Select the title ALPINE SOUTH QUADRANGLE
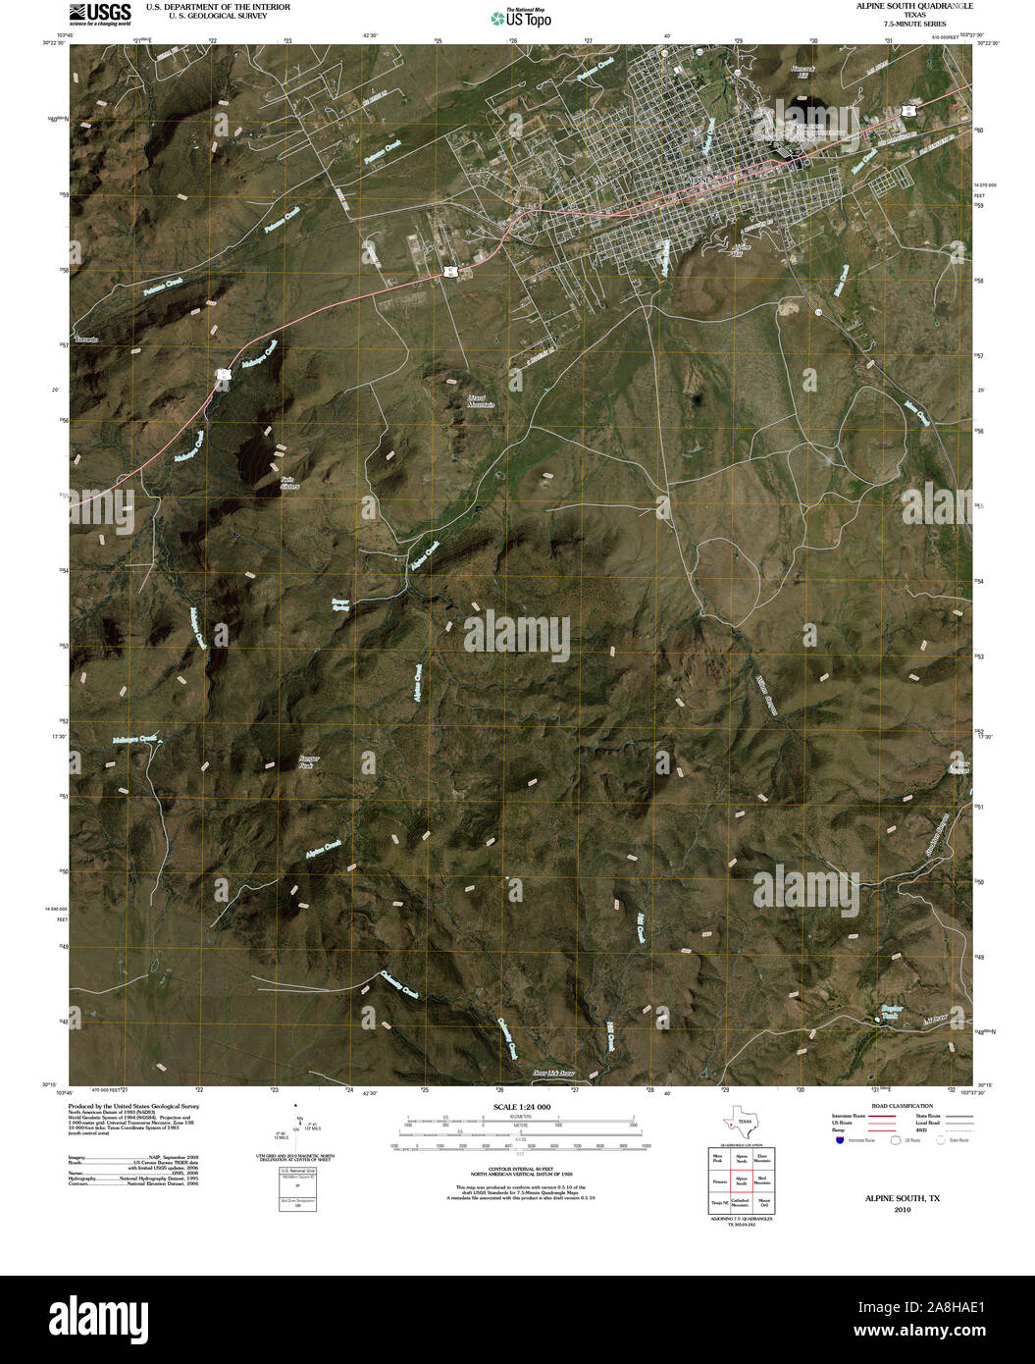pyautogui.click(x=914, y=6)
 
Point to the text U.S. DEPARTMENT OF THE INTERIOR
pyautogui.click(x=218, y=6)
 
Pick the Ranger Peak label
pyautogui.click(x=306, y=761)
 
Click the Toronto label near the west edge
pyautogui.click(x=86, y=339)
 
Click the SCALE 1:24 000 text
pyautogui.click(x=517, y=1107)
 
